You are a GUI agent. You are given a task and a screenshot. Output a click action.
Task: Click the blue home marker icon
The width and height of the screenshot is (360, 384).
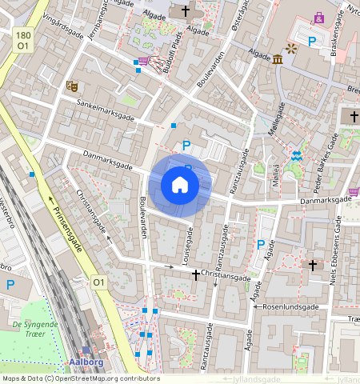coord(180,186)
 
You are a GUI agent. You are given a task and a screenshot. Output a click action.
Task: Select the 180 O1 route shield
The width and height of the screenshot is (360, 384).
coord(22,41)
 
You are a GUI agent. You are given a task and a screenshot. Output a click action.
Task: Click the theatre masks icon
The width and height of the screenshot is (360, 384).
coord(72,84)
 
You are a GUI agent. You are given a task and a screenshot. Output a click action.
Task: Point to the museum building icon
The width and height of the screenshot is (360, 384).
coord(277,59)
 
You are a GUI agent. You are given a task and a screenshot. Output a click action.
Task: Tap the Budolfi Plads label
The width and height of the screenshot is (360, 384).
coord(176,55)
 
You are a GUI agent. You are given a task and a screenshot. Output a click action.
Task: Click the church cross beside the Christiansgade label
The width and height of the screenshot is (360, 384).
coord(195,274)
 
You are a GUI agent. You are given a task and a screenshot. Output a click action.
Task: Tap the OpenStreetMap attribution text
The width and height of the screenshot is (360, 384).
coord(80,378)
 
